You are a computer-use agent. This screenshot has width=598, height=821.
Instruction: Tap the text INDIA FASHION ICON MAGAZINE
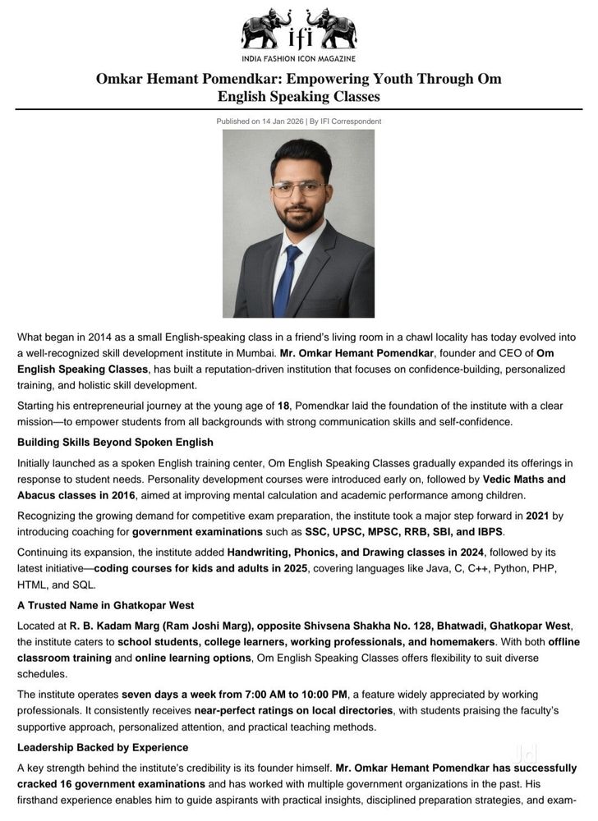coord(298,59)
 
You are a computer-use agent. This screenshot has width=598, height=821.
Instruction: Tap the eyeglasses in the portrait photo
coord(297,188)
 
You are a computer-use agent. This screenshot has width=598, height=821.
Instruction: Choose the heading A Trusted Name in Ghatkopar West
coord(105,605)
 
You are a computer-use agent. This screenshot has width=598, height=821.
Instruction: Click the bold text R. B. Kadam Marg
coord(119,626)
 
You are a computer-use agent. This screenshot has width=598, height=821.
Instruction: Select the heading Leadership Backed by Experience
coord(103,747)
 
